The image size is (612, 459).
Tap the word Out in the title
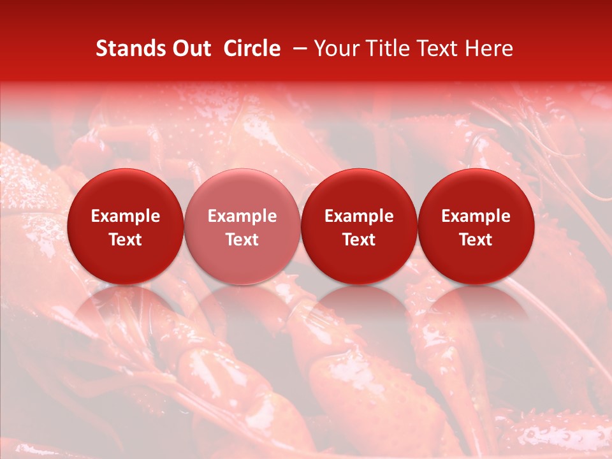[x=191, y=48]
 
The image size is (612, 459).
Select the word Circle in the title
[x=252, y=48]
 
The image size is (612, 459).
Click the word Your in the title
[x=333, y=48]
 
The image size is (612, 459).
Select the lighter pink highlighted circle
[x=242, y=226]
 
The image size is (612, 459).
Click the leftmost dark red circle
[x=125, y=226]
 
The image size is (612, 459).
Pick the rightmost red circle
[x=476, y=226]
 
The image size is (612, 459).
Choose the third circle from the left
[x=359, y=226]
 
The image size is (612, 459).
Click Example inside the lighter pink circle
[x=242, y=216]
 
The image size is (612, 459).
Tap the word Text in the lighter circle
[x=242, y=240]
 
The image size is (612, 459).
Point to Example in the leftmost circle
[x=125, y=216]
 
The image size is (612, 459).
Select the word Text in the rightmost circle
[x=476, y=240]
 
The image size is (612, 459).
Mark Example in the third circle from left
[x=359, y=216]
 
